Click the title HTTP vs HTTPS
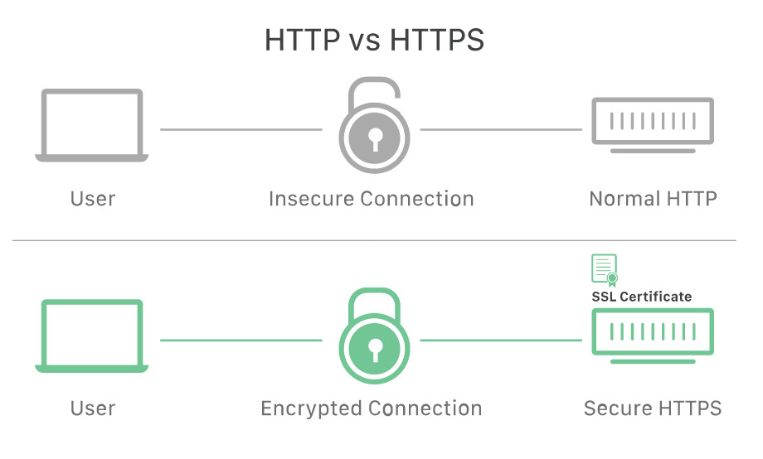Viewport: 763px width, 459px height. [374, 39]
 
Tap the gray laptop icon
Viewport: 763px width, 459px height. [92, 125]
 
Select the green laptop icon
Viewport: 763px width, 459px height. [92, 336]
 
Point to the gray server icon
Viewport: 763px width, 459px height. [653, 124]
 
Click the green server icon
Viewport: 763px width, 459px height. [653, 333]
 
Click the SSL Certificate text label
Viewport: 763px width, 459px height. [641, 296]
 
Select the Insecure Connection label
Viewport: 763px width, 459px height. [372, 199]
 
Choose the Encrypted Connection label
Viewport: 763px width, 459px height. [372, 408]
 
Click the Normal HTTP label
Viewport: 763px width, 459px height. [653, 199]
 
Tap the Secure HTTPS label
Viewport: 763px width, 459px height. [653, 408]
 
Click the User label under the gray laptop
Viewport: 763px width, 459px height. [92, 199]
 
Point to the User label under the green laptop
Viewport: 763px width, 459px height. [92, 408]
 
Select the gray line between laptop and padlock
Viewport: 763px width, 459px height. [241, 129]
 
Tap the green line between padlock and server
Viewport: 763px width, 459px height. [501, 340]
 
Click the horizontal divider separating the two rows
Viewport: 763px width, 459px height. [374, 240]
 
